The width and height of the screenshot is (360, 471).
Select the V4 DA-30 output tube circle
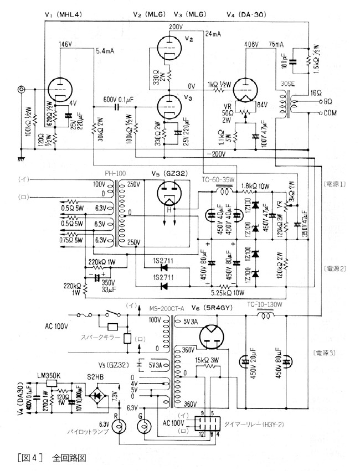(243, 88)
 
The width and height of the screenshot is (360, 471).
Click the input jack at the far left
(23, 89)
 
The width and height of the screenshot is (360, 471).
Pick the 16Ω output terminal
(319, 95)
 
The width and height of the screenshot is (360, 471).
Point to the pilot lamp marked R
(116, 427)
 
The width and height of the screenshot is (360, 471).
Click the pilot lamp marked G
(143, 427)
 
